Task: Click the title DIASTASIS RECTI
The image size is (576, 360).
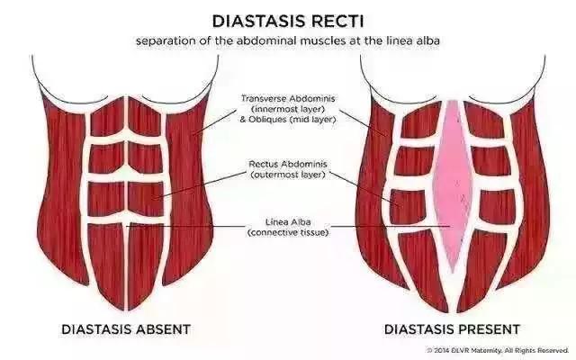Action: point(288,22)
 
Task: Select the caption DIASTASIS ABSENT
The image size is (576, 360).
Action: point(126,329)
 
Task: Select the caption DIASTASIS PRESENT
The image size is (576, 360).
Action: point(452,329)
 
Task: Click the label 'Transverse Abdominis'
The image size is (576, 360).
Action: point(288,98)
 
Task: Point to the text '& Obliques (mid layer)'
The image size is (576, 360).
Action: point(288,120)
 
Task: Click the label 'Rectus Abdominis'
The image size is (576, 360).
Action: point(288,164)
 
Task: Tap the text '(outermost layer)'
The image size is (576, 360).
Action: point(288,175)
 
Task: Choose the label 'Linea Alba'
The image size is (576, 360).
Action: point(288,222)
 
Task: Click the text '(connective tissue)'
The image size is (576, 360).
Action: point(288,232)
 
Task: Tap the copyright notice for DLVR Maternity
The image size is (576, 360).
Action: point(498,350)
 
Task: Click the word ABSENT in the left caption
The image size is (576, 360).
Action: point(164,329)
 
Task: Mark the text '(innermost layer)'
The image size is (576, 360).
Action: point(288,109)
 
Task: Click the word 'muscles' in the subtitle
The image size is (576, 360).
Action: point(323,40)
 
